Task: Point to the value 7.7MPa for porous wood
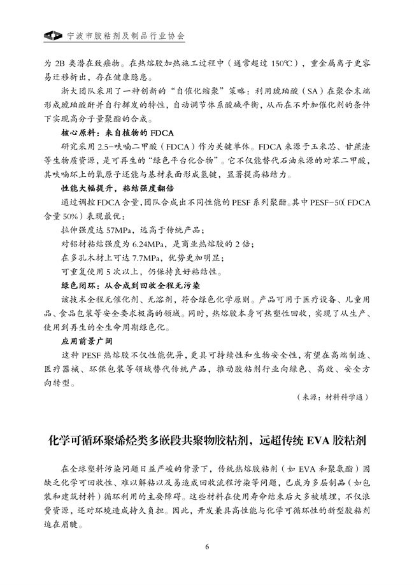[x=147, y=258]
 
